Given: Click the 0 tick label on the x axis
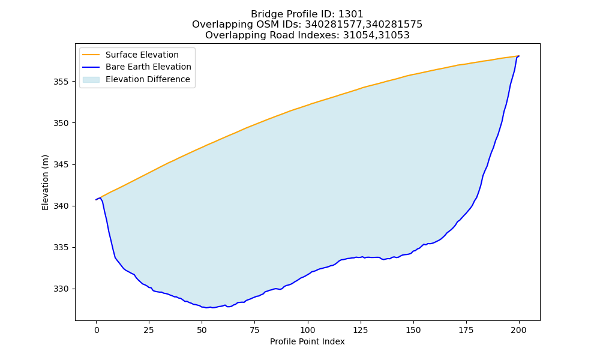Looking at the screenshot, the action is (x=97, y=330).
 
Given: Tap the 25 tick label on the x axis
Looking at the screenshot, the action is (x=149, y=330).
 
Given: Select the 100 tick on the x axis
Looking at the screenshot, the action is (x=308, y=330).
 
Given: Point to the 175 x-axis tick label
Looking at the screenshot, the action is (x=466, y=330).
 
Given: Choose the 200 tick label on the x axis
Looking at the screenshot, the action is (x=519, y=330).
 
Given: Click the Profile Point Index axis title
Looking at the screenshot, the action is (x=307, y=341).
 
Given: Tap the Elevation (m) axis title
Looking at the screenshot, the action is (x=46, y=182).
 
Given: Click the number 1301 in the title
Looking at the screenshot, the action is (x=351, y=14).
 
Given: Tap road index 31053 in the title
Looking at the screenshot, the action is (x=394, y=35).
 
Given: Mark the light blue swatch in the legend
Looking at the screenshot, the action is (x=91, y=80).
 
